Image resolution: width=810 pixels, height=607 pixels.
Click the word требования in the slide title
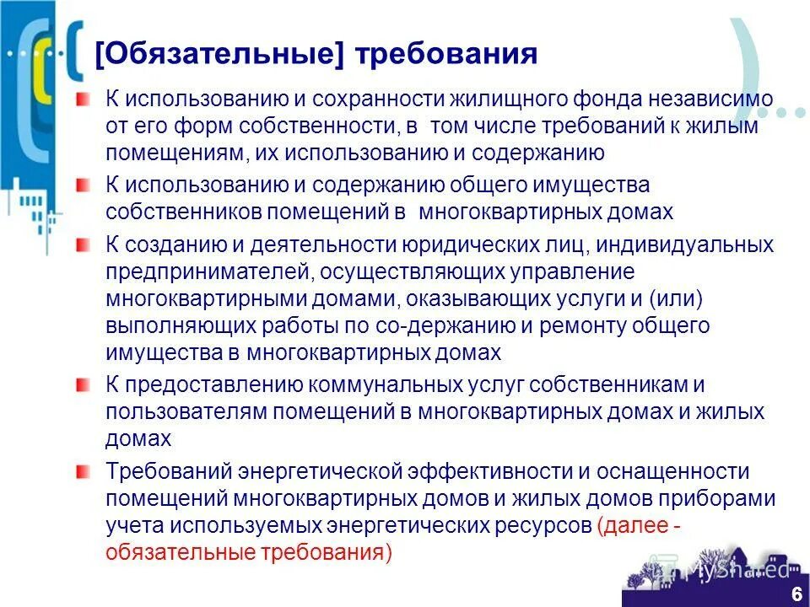click(x=447, y=54)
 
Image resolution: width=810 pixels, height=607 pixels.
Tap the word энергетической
click(x=323, y=472)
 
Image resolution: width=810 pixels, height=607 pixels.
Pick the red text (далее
click(x=629, y=526)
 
